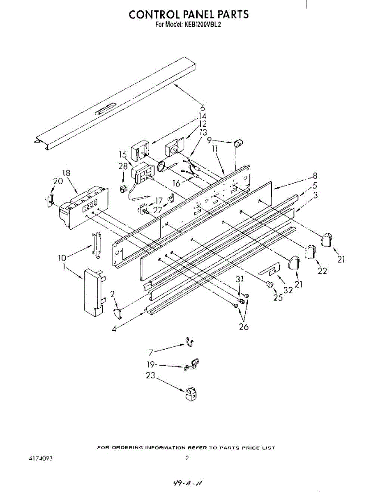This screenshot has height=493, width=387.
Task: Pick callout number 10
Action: click(62, 258)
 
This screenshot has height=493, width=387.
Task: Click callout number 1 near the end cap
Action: click(64, 267)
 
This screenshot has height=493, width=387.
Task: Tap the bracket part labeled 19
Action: click(192, 364)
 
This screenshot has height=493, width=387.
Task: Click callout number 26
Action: click(244, 327)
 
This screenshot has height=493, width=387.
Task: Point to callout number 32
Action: click(288, 289)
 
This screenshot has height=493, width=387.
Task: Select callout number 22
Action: click(322, 271)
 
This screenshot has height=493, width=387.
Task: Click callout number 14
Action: click(203, 116)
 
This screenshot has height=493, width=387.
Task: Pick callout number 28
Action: click(123, 166)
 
